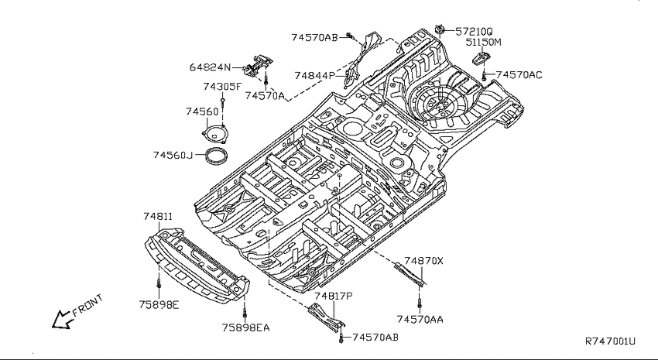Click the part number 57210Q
[x=474, y=32]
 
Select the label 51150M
[x=483, y=43]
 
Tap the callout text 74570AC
[x=519, y=75]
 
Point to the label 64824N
[x=210, y=67]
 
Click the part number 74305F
[x=222, y=87]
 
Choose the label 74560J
[x=173, y=156]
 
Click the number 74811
[x=158, y=217]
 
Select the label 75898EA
[x=246, y=327]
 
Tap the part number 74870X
[x=424, y=261]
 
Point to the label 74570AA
[x=420, y=320]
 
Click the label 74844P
[x=315, y=76]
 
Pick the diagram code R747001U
[x=611, y=341]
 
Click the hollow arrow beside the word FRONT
[x=62, y=319]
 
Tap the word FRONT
[x=87, y=305]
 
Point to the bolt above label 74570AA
[x=420, y=303]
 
